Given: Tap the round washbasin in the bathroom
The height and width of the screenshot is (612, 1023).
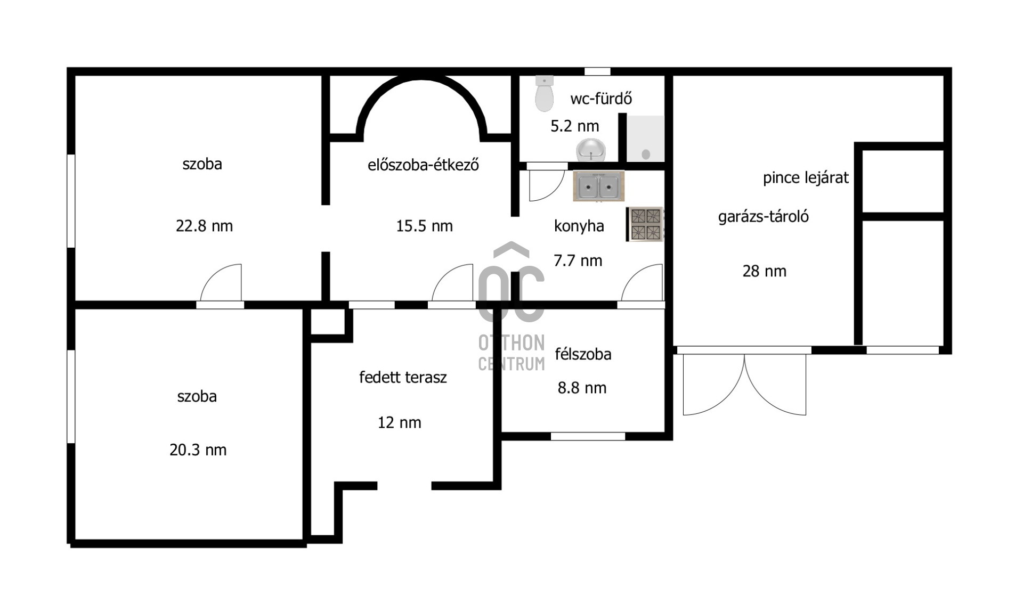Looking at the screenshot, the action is click(x=591, y=150).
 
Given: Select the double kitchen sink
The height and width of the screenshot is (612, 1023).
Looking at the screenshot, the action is click(x=598, y=186).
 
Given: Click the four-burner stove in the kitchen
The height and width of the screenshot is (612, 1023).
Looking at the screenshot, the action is click(x=645, y=224).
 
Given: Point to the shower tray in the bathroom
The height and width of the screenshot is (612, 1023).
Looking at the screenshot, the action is click(x=645, y=138).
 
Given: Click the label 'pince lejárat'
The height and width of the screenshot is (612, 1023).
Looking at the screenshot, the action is click(x=806, y=178).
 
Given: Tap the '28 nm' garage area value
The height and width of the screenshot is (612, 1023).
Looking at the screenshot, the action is click(x=765, y=271).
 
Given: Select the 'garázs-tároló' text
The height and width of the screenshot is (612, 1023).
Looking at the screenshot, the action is click(x=764, y=217).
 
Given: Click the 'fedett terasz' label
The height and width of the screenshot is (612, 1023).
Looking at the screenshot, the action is click(x=403, y=377).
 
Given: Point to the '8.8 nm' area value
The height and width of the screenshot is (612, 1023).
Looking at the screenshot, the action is click(x=582, y=388).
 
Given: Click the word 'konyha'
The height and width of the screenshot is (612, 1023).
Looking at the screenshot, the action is click(x=579, y=226).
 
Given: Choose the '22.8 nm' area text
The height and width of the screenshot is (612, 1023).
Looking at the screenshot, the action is click(x=204, y=226).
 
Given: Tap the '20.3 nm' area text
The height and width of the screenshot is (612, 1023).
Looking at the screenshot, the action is click(x=198, y=450).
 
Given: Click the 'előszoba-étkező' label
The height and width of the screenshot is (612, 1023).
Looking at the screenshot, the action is click(x=423, y=165).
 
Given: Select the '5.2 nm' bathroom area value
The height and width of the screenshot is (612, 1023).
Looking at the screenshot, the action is click(x=574, y=126).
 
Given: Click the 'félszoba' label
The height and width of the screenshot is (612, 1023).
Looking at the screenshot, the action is click(x=583, y=354).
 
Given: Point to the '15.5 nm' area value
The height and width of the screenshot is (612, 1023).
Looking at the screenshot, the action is click(x=424, y=226).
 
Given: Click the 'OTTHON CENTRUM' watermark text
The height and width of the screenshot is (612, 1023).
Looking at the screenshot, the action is click(x=511, y=353).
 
